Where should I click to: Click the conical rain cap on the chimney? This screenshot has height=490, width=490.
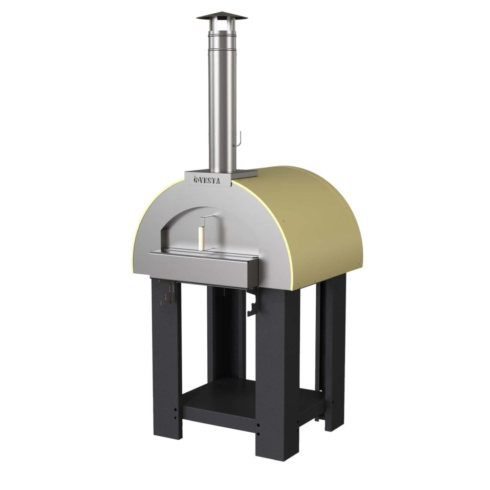222,17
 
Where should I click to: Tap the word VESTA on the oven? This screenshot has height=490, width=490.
210,180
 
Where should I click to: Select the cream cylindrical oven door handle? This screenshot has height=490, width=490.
201,239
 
